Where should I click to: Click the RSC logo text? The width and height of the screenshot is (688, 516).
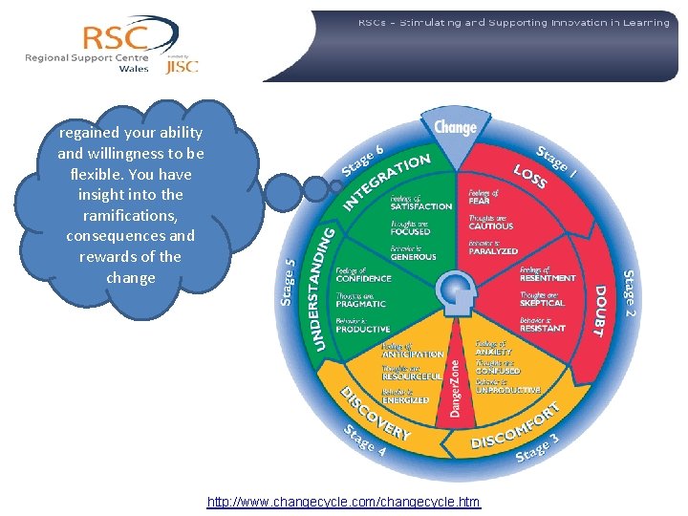[x=116, y=37]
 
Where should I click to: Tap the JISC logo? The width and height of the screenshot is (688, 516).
[x=183, y=66]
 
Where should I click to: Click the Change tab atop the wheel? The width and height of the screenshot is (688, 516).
[x=455, y=126]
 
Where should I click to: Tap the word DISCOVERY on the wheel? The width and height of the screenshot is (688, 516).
[x=376, y=413]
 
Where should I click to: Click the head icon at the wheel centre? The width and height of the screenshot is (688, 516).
[x=455, y=290]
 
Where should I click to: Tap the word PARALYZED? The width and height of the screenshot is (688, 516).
[x=493, y=251]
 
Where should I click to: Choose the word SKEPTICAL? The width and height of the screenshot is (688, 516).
[x=543, y=303]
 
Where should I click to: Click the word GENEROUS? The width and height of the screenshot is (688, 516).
[x=413, y=257]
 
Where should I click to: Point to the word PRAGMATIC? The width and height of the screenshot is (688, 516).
[x=362, y=304]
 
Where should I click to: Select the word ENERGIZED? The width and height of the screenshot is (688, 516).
[x=405, y=399]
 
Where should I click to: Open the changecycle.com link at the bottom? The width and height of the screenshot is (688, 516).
[x=344, y=502]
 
